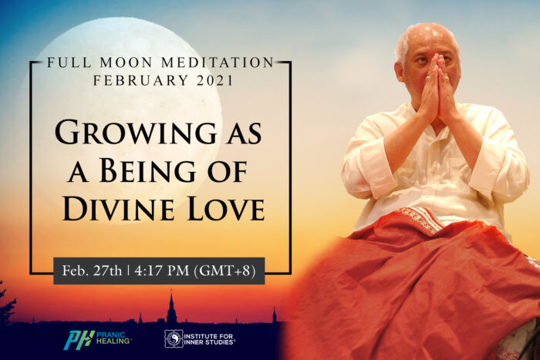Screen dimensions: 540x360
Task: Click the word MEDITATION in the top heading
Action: (218, 62)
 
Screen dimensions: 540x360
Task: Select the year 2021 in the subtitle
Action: (215, 80)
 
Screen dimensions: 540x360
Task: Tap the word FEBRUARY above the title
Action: (140, 80)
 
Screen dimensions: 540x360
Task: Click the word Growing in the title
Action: (136, 132)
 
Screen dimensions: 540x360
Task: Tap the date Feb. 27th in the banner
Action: (92, 271)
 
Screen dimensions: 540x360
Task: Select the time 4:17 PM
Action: (162, 271)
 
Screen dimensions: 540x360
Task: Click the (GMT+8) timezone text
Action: (225, 271)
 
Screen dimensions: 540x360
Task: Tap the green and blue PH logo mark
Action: (79, 340)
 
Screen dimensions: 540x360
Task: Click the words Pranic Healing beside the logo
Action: (113, 338)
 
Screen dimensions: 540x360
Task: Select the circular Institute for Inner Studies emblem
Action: (174, 339)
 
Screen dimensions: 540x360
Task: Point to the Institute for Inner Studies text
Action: (209, 339)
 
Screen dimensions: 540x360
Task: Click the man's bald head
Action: (427, 36)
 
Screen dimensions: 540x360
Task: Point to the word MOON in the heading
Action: (126, 62)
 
